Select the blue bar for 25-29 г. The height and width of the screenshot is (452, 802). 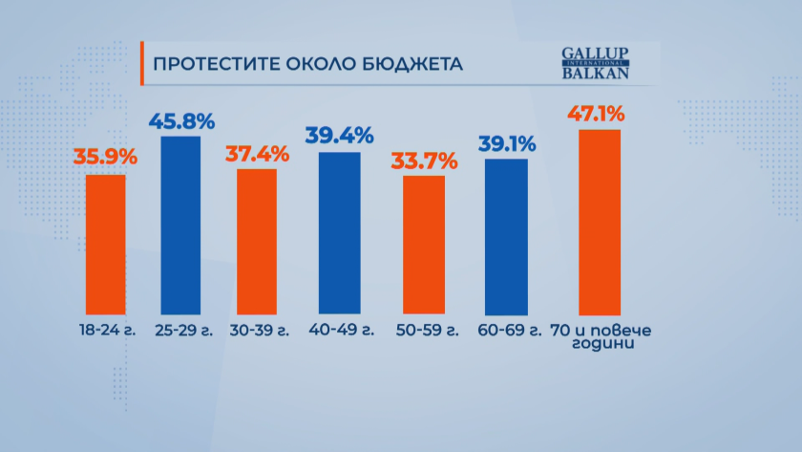click(180, 225)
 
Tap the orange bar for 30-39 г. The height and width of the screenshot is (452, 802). click(250, 241)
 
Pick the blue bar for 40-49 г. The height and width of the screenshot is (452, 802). click(339, 232)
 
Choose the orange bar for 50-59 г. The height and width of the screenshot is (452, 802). click(423, 245)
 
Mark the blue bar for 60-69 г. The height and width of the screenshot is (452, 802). click(506, 237)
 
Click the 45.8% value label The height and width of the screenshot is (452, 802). click(181, 121)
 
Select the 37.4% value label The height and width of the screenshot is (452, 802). click(256, 152)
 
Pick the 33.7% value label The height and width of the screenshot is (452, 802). click(425, 160)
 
